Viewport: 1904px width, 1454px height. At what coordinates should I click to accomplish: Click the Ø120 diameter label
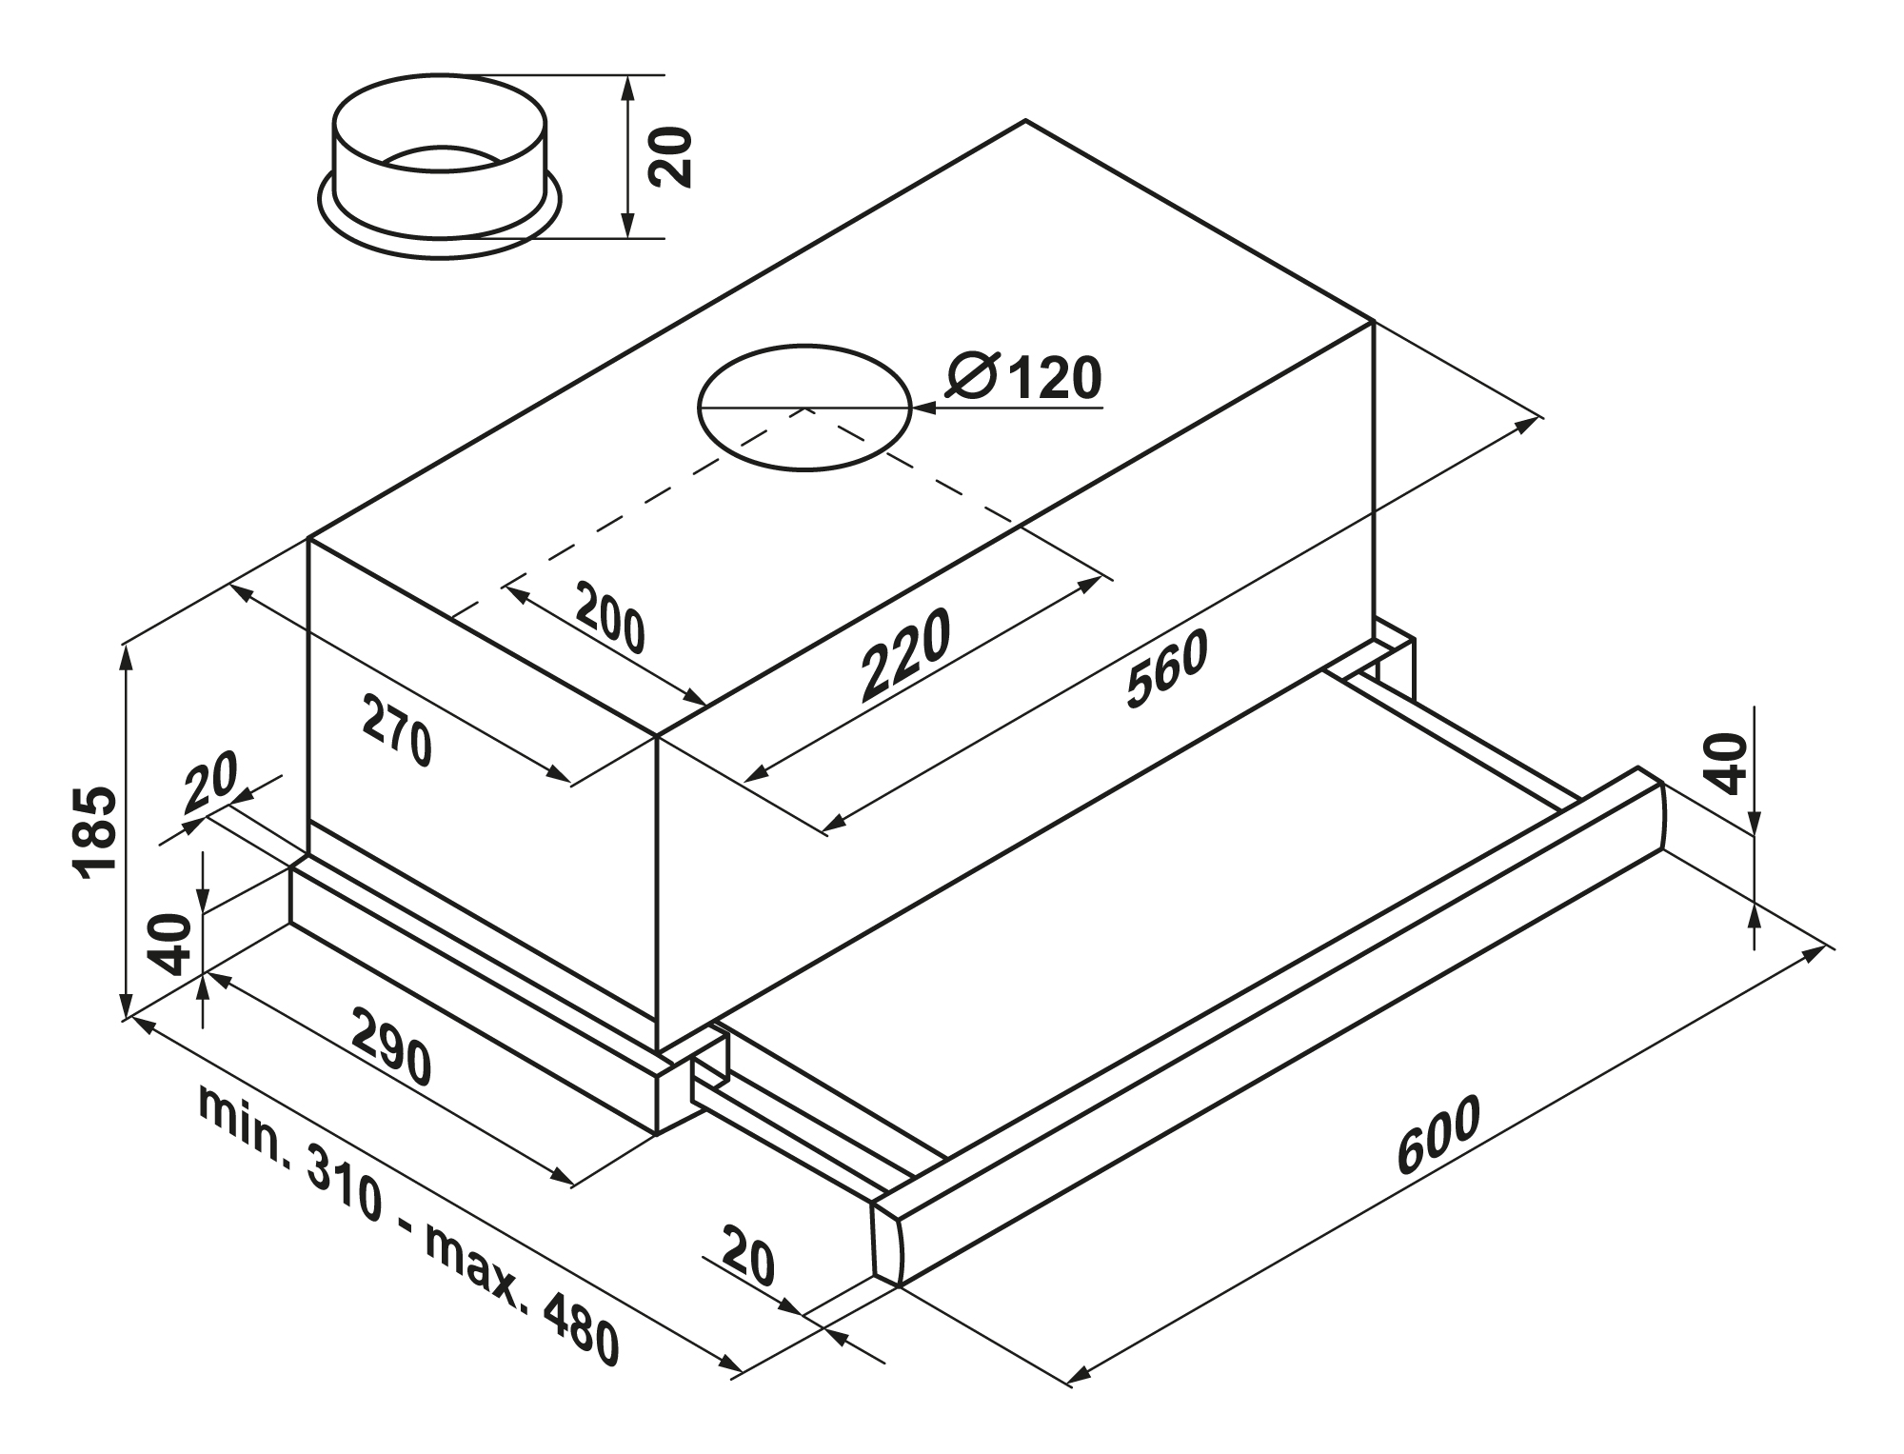tap(1024, 377)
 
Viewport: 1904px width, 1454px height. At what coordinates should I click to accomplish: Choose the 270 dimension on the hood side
tap(397, 731)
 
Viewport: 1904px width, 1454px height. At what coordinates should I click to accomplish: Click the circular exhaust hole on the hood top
tap(804, 408)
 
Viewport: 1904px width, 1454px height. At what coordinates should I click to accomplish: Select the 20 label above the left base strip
tap(210, 783)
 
